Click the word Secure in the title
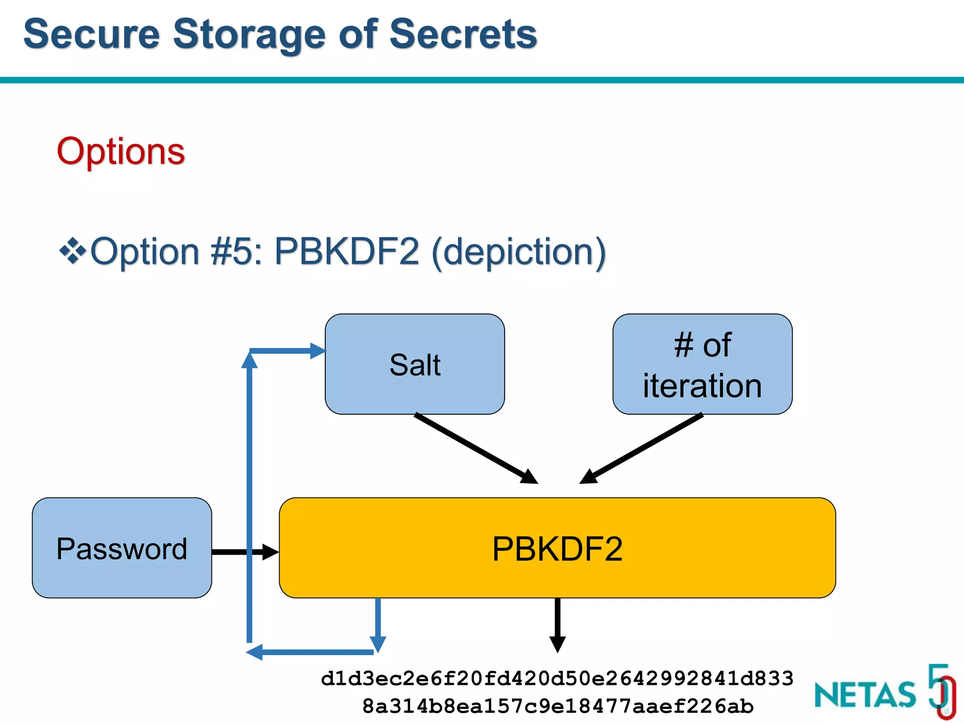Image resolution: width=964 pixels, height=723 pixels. pos(92,34)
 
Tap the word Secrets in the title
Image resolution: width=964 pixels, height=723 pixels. pos(463,34)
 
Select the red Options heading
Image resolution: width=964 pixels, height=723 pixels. pos(121,151)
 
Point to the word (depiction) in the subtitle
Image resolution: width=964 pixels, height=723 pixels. pos(518,252)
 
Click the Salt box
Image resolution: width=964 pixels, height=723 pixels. pos(415,364)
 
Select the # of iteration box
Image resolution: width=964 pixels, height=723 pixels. pos(702,364)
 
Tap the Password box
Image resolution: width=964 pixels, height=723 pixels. pos(121,548)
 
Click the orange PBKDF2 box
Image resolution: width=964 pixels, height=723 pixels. pos(557,548)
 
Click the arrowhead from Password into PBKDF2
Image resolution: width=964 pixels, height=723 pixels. pos(270,552)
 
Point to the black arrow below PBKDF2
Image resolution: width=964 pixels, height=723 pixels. pos(557,626)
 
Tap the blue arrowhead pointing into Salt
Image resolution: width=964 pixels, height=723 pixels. pos(318,351)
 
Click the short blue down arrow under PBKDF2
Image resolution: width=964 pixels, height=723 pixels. pos(378,626)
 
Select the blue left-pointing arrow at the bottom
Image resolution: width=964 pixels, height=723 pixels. pos(311,652)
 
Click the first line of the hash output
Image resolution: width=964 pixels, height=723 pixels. pos(557,679)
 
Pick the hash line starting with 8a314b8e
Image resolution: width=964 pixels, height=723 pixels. pos(557,706)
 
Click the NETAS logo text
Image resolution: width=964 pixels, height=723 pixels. pos(865,695)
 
